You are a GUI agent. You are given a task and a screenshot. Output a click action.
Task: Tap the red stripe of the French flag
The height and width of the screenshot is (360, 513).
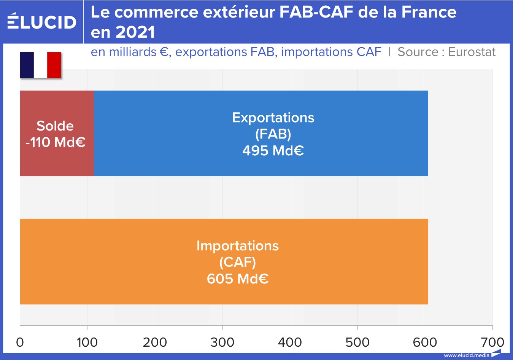pyautogui.click(x=54, y=65)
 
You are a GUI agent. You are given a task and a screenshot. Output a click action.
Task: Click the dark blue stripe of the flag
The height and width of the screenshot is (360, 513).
pyautogui.click(x=27, y=65)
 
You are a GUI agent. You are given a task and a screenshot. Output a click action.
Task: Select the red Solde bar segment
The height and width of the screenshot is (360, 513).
pyautogui.click(x=57, y=133)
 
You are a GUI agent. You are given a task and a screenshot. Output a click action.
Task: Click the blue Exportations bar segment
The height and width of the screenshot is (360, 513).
pyautogui.click(x=261, y=133)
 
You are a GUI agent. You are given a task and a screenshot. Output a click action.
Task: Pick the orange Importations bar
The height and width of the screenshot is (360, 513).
pyautogui.click(x=224, y=261)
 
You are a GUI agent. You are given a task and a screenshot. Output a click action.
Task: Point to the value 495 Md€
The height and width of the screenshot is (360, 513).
pyautogui.click(x=273, y=151)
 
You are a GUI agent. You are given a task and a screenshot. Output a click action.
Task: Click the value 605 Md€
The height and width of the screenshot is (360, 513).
pyautogui.click(x=238, y=279)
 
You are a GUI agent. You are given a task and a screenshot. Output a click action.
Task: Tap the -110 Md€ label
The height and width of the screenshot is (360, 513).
pyautogui.click(x=56, y=142)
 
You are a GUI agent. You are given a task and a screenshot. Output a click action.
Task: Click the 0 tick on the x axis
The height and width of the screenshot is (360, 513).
pyautogui.click(x=20, y=342)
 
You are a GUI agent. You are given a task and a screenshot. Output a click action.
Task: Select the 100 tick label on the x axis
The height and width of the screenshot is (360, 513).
pyautogui.click(x=87, y=342)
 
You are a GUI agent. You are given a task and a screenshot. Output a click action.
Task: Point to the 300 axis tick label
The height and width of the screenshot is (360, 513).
pyautogui.click(x=222, y=342)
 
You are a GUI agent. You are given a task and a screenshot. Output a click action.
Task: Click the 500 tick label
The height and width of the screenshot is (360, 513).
pyautogui.click(x=357, y=342)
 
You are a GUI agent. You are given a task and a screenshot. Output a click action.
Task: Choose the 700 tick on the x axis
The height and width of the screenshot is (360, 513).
pyautogui.click(x=492, y=342)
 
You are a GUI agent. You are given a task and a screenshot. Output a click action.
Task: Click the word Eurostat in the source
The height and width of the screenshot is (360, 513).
pyautogui.click(x=472, y=52)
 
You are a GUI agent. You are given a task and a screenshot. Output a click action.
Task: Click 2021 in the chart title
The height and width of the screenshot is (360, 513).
pyautogui.click(x=135, y=32)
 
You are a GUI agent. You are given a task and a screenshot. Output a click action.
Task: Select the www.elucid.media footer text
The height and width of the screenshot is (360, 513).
pyautogui.click(x=467, y=355)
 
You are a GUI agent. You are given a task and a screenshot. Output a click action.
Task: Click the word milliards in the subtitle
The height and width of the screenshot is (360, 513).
pyautogui.click(x=133, y=52)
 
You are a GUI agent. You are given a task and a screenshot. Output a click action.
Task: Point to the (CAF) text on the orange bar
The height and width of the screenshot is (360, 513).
pyautogui.click(x=238, y=262)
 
